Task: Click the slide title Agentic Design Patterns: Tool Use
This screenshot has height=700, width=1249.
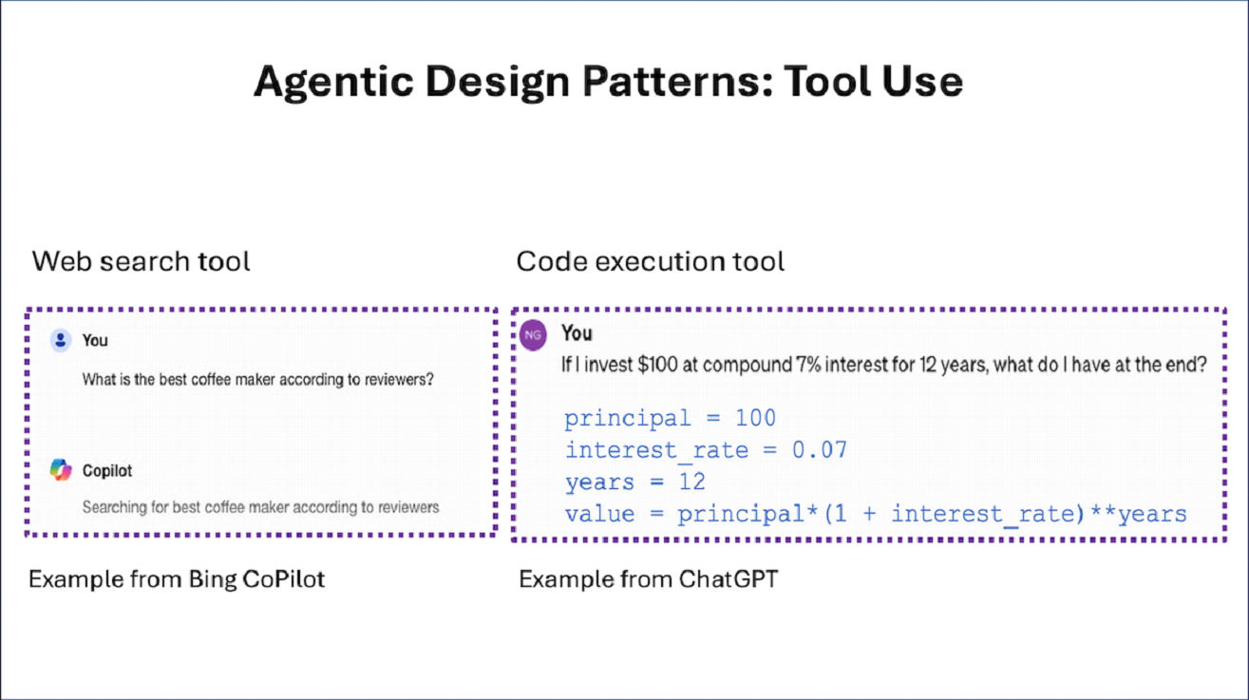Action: pos(608,82)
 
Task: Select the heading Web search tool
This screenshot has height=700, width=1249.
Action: pos(141,261)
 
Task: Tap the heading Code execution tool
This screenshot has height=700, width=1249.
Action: pos(651,261)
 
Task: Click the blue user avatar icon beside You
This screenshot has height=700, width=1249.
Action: pos(61,340)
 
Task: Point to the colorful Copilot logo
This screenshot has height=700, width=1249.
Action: pos(61,470)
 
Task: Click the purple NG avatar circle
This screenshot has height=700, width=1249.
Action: pos(533,335)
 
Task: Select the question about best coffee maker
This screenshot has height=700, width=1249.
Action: pos(257,380)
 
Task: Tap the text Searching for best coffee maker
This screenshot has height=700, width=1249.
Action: pos(260,507)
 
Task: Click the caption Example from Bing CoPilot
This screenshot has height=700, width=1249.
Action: pos(177,578)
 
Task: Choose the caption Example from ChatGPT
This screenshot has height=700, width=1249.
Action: pos(648,578)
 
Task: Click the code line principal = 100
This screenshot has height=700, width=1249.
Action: pos(670,418)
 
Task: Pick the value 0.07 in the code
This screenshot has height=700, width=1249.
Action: pos(820,449)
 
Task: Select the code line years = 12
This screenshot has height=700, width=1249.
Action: pos(634,482)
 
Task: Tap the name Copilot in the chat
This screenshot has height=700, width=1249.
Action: pos(107,471)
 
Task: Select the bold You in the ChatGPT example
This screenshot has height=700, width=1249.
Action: pos(577,333)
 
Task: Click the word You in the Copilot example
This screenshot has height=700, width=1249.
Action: pos(95,341)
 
